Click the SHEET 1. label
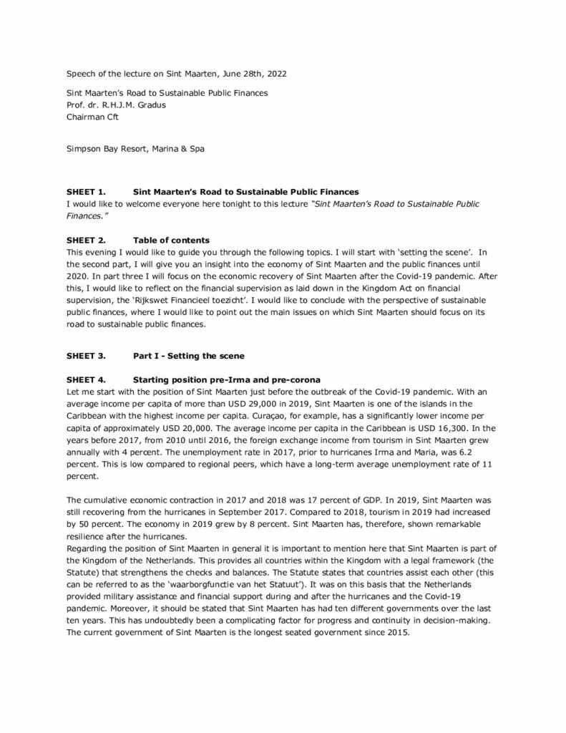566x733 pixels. tap(86, 193)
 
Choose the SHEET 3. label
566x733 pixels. tap(86, 355)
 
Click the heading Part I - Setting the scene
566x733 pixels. tap(188, 355)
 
